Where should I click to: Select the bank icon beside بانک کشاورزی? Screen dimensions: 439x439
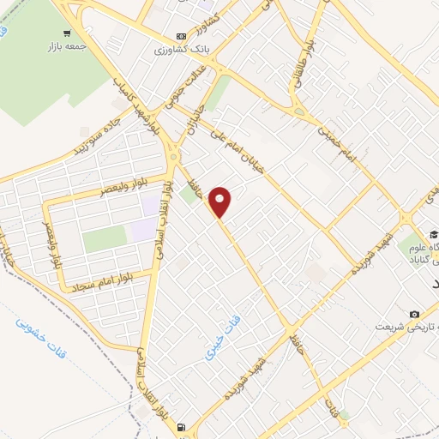point(181,36)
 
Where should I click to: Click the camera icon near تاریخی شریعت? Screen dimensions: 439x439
point(416,314)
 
